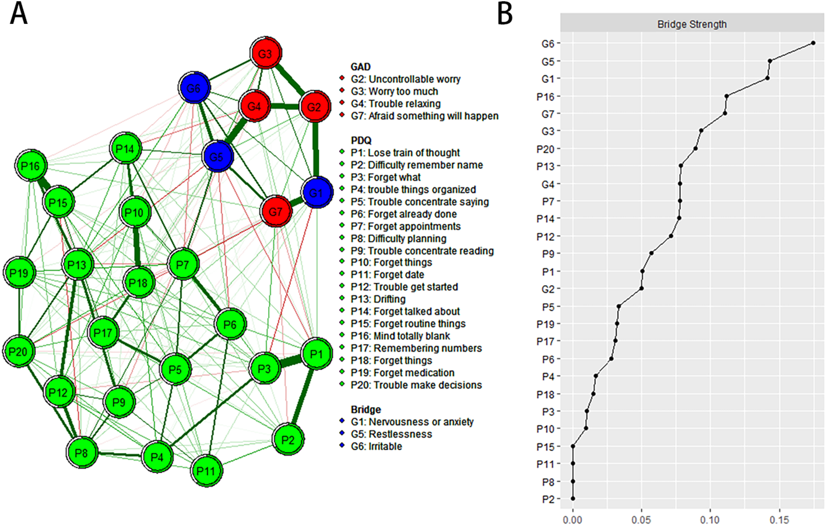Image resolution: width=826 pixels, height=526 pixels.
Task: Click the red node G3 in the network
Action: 265,54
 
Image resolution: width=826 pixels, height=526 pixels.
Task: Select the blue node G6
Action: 194,88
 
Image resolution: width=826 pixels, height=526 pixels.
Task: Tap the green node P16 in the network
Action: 30,166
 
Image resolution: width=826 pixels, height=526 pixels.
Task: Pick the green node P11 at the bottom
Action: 206,471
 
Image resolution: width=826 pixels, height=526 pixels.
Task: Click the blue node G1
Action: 317,192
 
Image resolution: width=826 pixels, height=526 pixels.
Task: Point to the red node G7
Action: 276,212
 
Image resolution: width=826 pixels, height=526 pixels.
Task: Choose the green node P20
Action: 18,352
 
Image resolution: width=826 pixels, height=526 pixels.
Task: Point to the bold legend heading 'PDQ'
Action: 361,141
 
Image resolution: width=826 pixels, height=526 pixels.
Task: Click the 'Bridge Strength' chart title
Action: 692,24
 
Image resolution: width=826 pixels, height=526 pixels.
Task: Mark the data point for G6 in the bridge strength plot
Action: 813,43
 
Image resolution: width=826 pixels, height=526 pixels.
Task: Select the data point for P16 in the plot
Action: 726,96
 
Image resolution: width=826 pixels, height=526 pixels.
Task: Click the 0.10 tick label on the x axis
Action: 710,519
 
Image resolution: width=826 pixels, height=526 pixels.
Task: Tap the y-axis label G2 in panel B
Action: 547,289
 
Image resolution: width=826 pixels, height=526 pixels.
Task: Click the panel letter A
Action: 19,14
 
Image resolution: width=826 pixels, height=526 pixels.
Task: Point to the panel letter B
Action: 505,14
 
